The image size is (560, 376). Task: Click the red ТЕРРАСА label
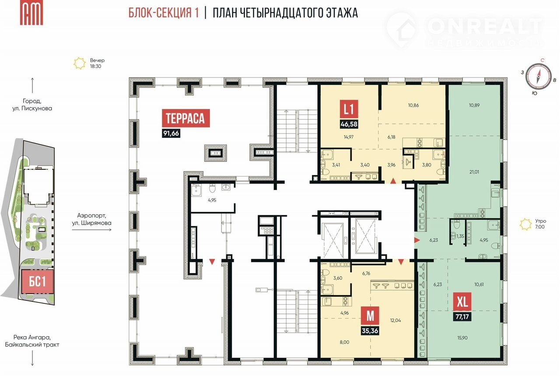click(186, 118)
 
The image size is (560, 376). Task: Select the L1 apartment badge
click(349, 109)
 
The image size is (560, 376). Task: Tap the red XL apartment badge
click(462, 302)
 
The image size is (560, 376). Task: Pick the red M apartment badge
click(370, 316)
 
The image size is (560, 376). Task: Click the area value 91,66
click(171, 134)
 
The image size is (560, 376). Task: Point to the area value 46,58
click(349, 124)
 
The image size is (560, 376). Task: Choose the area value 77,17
click(462, 317)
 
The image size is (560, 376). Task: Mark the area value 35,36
click(370, 331)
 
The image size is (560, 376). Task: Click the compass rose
click(538, 76)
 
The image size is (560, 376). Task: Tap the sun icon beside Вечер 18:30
click(80, 63)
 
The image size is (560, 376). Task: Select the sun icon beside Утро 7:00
click(525, 224)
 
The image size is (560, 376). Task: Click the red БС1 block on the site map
click(38, 281)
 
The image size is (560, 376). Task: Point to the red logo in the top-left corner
click(31, 13)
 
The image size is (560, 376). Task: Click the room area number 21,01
click(474, 172)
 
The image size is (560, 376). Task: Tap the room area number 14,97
click(349, 137)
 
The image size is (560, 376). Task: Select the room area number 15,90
click(462, 338)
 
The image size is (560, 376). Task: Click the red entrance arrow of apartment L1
click(393, 181)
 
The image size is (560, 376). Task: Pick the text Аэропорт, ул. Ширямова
click(92, 219)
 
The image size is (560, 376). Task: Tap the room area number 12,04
click(395, 320)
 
